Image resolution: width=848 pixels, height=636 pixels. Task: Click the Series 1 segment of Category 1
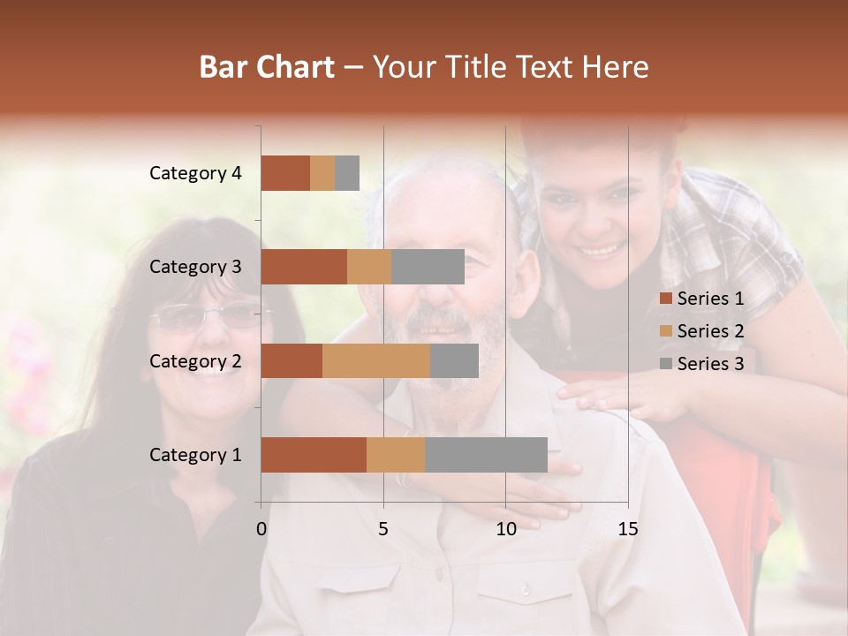pos(314,454)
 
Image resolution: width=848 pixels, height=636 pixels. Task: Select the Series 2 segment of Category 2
pos(376,360)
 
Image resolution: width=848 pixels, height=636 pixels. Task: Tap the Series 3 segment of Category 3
pos(428,267)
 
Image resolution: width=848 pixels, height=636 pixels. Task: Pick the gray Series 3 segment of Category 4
pos(347,173)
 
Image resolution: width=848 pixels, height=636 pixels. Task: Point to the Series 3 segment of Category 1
pos(486,454)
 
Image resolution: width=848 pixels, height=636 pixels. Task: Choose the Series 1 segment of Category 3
pos(304,267)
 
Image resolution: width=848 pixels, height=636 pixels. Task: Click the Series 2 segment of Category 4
pos(322,173)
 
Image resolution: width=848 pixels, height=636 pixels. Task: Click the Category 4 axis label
pos(195,173)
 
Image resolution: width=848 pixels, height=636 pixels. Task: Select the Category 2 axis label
pos(195,360)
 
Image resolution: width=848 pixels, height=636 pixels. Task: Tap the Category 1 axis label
pos(195,454)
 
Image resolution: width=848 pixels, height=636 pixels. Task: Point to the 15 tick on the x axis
pos(627,529)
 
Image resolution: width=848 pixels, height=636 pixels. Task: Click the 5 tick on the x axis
pos(383,529)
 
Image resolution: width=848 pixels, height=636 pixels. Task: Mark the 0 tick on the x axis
pos(261,529)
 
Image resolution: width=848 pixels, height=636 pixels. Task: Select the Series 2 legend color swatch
pos(665,331)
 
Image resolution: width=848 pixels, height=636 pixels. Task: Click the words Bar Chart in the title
pos(267,66)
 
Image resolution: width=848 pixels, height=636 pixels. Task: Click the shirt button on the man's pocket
pos(525,589)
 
